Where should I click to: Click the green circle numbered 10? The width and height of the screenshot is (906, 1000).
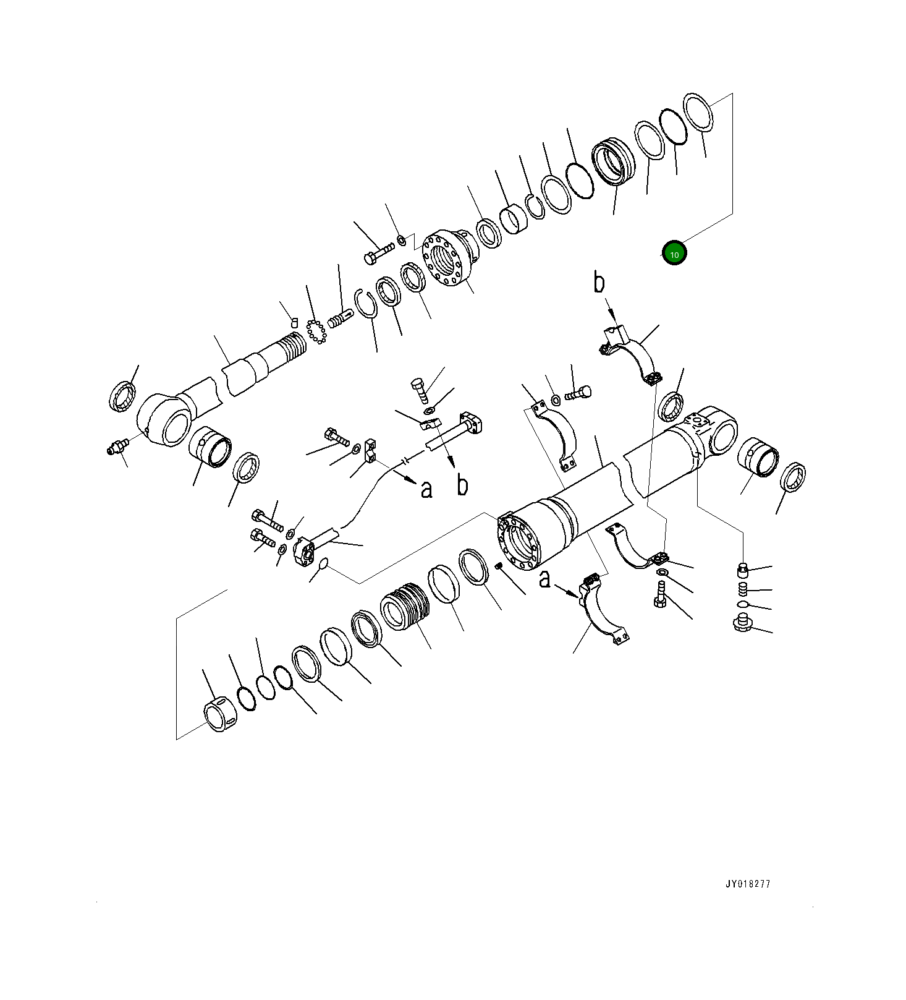pyautogui.click(x=674, y=254)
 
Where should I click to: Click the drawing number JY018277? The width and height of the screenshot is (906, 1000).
pyautogui.click(x=748, y=884)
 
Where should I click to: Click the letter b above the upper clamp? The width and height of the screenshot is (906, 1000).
pyautogui.click(x=599, y=283)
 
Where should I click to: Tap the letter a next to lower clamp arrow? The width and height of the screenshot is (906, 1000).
pyautogui.click(x=544, y=579)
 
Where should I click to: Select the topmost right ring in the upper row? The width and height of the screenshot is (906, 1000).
pyautogui.click(x=698, y=111)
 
